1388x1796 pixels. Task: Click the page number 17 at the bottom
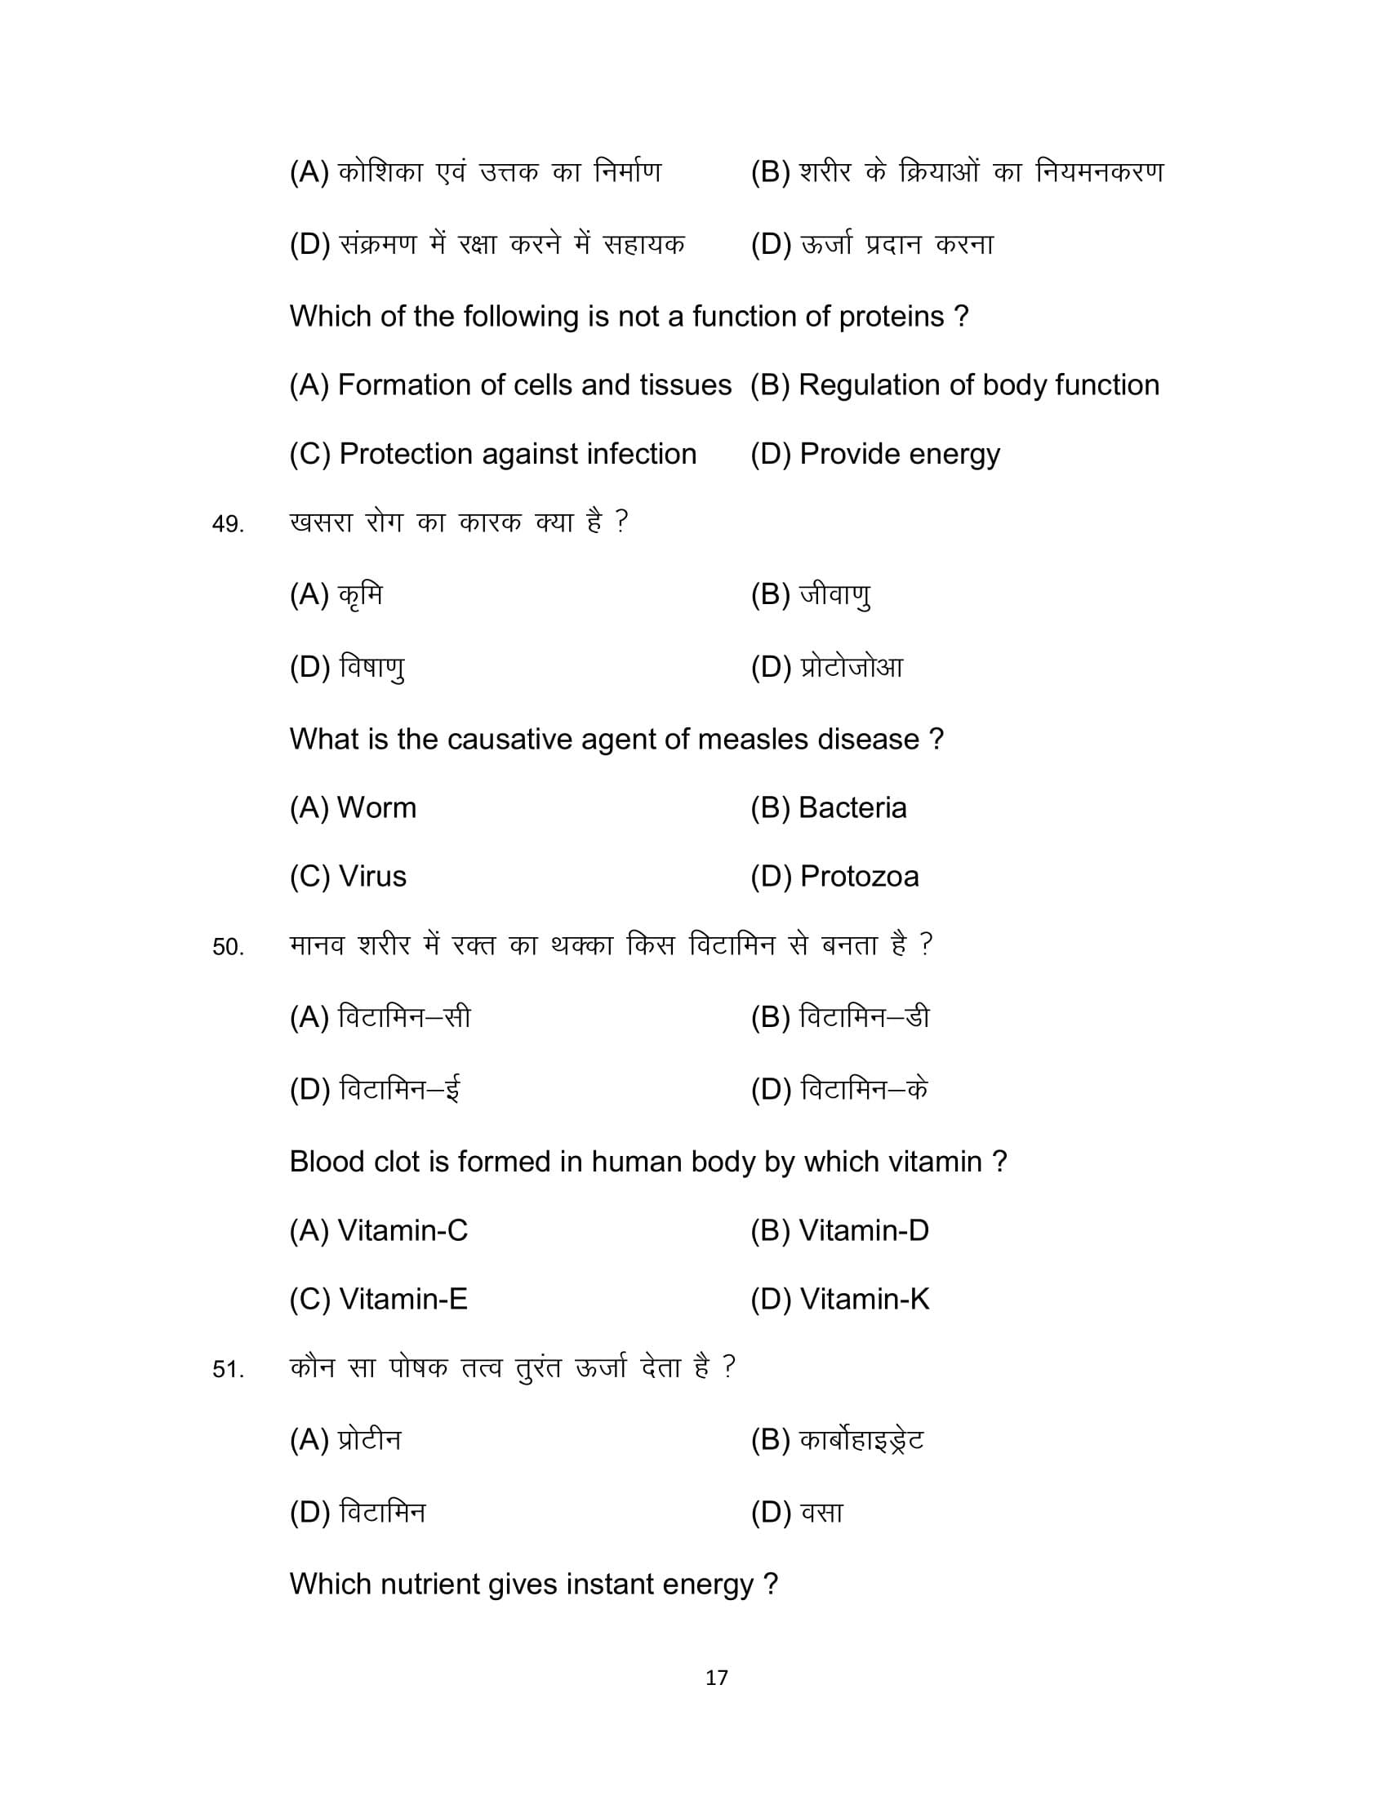click(716, 1678)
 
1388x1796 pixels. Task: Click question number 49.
click(228, 525)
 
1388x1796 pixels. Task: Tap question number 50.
click(228, 947)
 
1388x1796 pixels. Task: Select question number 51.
click(228, 1370)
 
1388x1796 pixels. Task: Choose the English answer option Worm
click(353, 808)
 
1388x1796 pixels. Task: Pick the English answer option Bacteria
click(828, 808)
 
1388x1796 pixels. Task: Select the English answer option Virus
click(348, 877)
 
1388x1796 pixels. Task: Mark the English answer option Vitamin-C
click(378, 1230)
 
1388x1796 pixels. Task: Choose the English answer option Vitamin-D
click(839, 1230)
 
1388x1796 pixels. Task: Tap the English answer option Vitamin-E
click(378, 1300)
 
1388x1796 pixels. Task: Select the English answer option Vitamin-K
click(839, 1300)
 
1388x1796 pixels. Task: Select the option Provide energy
click(875, 454)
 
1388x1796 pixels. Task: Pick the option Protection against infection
click(492, 454)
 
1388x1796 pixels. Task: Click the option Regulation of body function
click(954, 385)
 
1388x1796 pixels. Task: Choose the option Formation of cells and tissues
click(509, 385)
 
